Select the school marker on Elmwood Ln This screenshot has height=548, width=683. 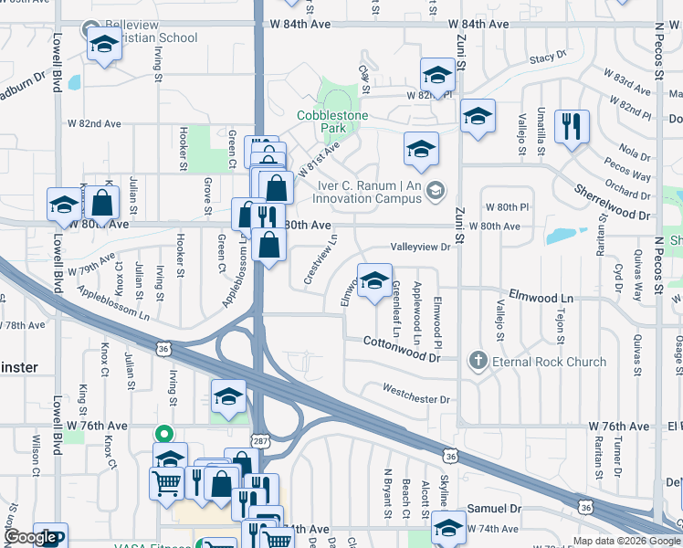click(x=373, y=282)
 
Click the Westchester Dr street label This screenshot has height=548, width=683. click(x=416, y=399)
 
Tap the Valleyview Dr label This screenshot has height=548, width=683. click(x=421, y=247)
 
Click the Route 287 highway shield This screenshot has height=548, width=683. click(x=260, y=440)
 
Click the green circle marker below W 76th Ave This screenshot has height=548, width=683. click(x=164, y=434)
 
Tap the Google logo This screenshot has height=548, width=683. click(x=32, y=537)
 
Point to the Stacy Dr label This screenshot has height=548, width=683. click(x=547, y=58)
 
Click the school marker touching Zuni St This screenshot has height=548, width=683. click(x=478, y=117)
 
